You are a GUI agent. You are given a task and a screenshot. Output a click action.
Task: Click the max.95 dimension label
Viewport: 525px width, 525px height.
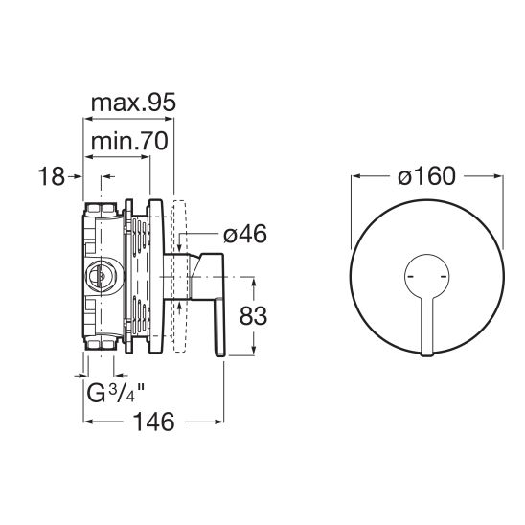(133, 103)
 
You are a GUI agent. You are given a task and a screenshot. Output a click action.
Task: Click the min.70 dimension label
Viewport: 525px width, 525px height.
(129, 141)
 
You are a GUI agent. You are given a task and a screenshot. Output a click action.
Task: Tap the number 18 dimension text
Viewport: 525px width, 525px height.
(51, 176)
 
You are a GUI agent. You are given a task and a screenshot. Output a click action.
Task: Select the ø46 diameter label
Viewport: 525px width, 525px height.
(245, 234)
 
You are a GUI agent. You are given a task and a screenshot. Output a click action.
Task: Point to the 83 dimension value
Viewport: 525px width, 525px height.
(253, 315)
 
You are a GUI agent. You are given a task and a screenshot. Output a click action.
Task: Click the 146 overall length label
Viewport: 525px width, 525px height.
(153, 422)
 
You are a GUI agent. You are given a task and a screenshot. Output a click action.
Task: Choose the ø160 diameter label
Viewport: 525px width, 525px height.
(427, 176)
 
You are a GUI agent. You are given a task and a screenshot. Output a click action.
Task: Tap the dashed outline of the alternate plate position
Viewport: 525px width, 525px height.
(179, 276)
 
